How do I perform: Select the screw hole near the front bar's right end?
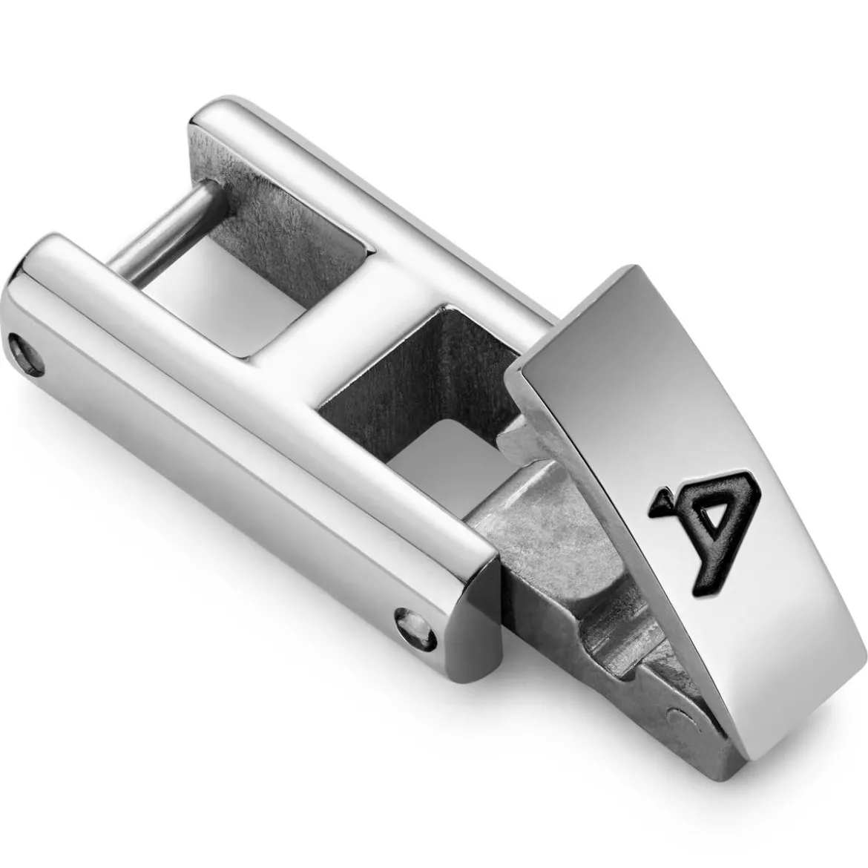[x=415, y=631]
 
